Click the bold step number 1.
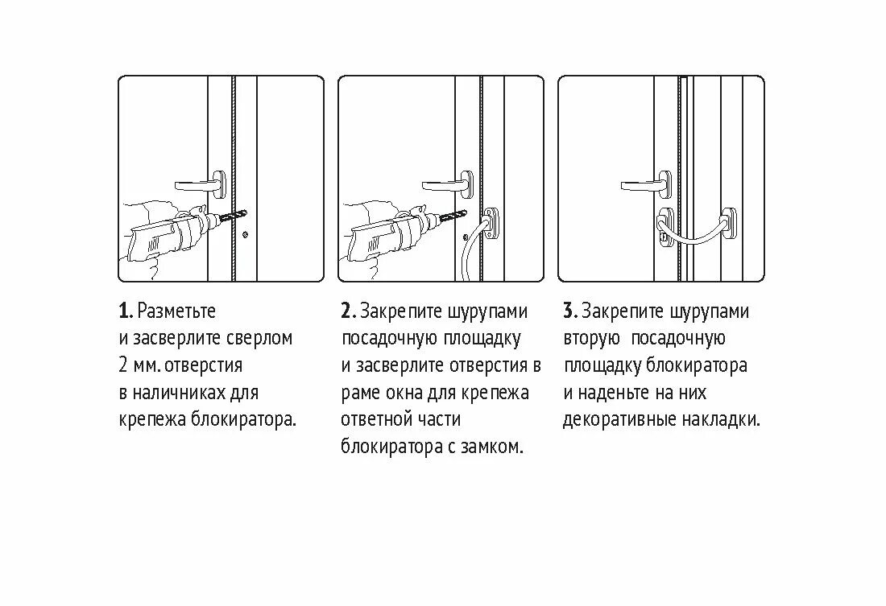124,311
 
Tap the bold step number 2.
346,311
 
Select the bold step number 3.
569,311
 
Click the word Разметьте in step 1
177,311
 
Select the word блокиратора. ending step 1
243,420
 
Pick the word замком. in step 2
491,447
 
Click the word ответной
374,420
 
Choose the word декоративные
618,420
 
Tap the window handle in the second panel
445,183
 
